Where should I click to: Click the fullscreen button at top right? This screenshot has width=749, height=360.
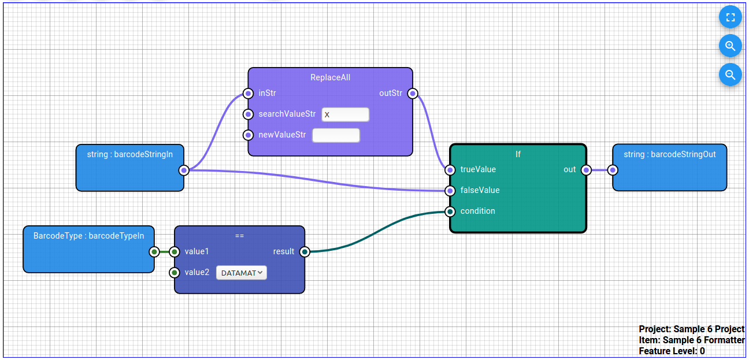[x=730, y=17]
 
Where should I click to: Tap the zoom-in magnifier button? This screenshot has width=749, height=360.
[x=730, y=46]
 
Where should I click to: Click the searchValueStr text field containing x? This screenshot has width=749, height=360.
[x=345, y=114]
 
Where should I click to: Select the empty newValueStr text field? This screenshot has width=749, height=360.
[x=336, y=135]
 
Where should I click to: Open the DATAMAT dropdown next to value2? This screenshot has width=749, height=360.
[x=242, y=273]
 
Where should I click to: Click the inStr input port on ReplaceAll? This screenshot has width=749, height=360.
[x=248, y=94]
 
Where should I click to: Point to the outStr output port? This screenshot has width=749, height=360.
[x=413, y=94]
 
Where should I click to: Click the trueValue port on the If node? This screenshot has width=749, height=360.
[x=450, y=170]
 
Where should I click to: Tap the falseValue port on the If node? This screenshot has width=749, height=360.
[x=450, y=191]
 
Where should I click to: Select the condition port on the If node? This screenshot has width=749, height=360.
[x=450, y=211]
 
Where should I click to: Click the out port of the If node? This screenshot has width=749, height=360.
[x=586, y=170]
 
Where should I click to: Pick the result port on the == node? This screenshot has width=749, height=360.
[x=305, y=252]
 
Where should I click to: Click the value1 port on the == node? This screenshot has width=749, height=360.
[x=174, y=252]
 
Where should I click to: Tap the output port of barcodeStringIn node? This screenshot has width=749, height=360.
[x=184, y=170]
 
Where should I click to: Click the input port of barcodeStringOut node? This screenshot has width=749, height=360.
[x=613, y=170]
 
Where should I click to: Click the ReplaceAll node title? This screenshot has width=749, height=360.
[x=330, y=77]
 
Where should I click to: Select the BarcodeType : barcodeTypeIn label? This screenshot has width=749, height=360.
[x=88, y=236]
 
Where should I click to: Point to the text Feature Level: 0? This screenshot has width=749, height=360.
[x=672, y=351]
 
